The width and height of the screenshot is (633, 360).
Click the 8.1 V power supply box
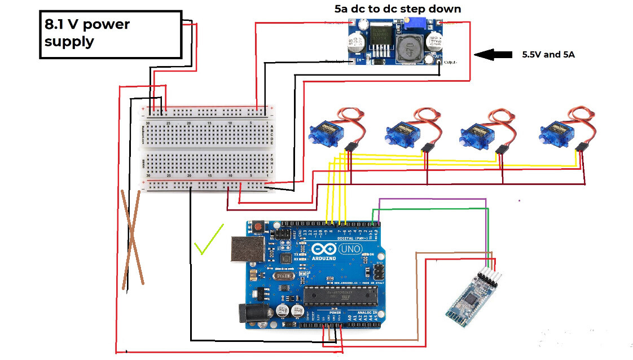[x=111, y=34]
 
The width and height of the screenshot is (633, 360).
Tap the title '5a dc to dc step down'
[x=397, y=9]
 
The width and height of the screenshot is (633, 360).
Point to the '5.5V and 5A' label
[x=548, y=55]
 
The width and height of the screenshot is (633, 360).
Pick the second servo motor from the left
[x=401, y=134]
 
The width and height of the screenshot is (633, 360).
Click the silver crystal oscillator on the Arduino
[x=285, y=277]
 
